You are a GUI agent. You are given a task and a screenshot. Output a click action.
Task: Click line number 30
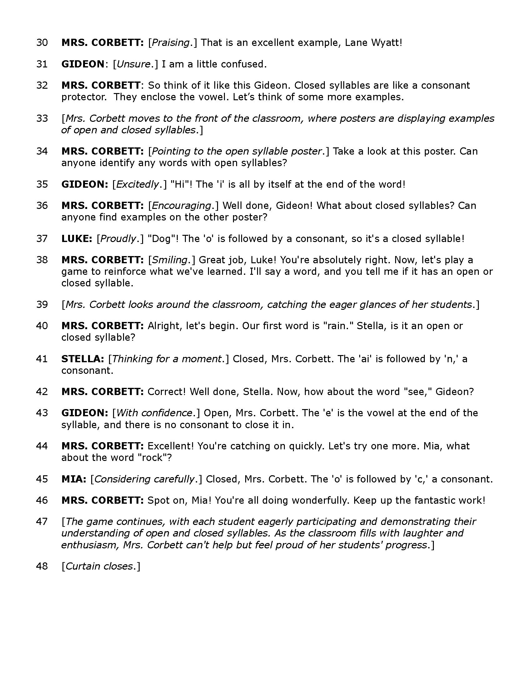tap(42, 42)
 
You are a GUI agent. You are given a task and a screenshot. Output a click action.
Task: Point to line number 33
tap(42, 119)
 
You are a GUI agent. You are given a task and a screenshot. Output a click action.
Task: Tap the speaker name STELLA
tap(82, 359)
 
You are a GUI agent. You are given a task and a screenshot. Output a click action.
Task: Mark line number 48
tap(42, 566)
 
